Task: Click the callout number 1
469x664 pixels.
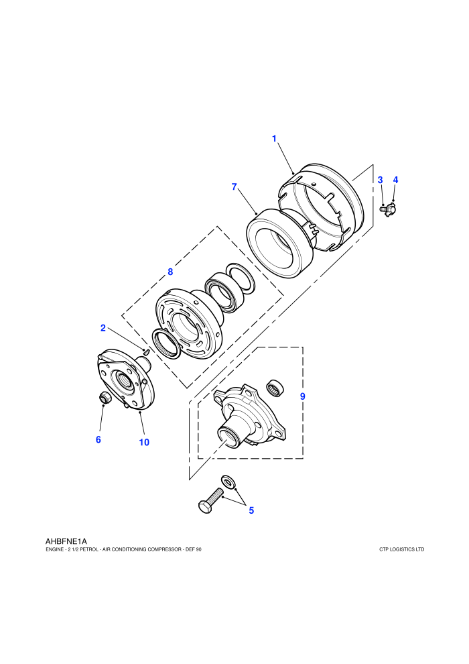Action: point(274,138)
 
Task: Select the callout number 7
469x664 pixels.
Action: point(234,186)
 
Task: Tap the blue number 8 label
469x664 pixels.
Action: point(170,272)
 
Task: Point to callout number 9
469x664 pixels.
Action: point(302,396)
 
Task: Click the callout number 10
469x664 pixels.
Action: point(144,442)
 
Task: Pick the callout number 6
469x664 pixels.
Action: point(98,439)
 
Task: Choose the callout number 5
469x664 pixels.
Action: point(251,510)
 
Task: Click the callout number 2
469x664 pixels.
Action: point(103,328)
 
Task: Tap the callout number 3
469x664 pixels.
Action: point(380,180)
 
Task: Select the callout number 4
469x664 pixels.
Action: point(395,180)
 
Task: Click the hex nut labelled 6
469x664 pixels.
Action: point(105,398)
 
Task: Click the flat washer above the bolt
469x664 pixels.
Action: point(228,481)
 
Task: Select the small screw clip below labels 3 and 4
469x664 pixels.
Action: point(388,209)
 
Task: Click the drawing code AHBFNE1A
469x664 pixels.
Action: point(66,541)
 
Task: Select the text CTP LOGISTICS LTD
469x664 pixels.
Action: point(402,549)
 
